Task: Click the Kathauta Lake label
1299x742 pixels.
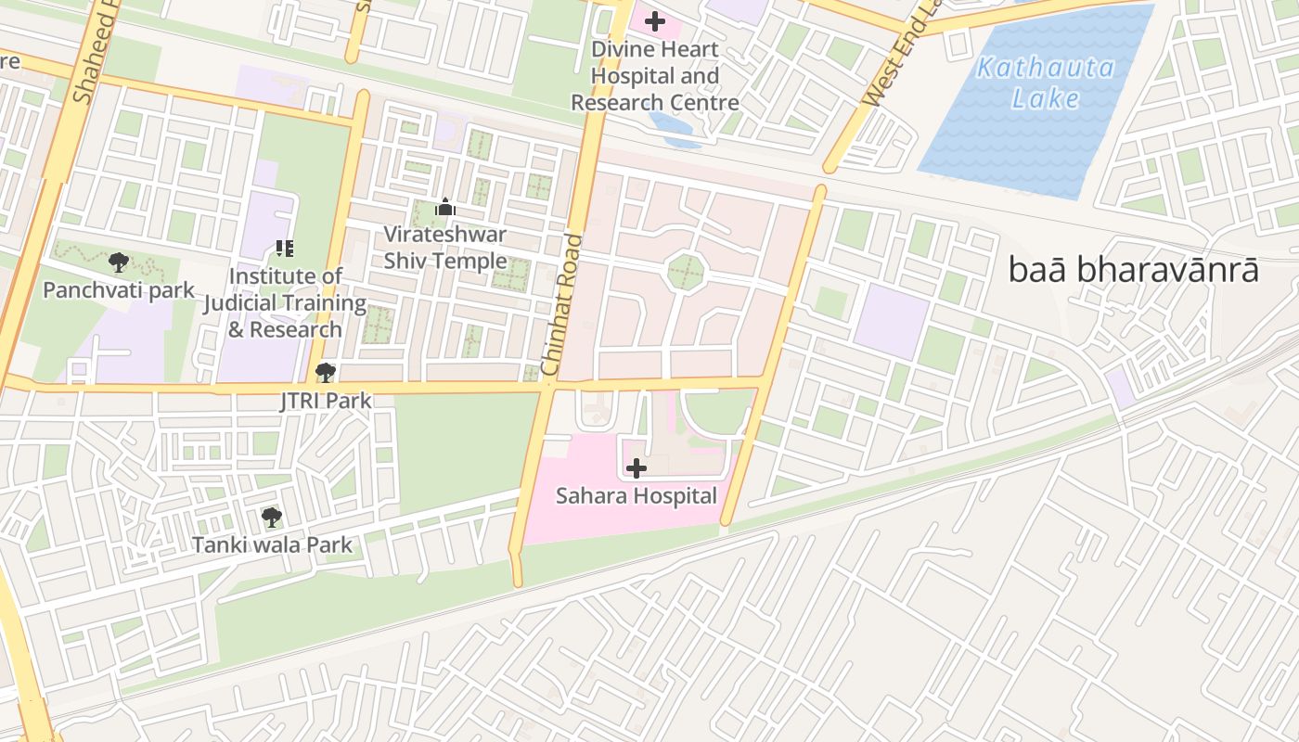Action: click(x=1045, y=83)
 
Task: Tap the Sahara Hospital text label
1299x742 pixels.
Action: click(x=637, y=496)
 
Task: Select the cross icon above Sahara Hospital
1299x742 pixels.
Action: click(x=637, y=468)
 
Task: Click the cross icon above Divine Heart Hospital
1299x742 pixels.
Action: click(x=655, y=20)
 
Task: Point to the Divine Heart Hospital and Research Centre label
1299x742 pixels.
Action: click(x=655, y=76)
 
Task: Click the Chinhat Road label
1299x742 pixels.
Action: click(x=562, y=305)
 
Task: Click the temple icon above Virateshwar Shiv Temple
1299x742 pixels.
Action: click(x=445, y=207)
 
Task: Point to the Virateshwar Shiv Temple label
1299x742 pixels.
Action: click(x=445, y=248)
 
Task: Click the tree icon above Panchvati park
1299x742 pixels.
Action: click(x=118, y=262)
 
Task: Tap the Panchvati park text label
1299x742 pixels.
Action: click(x=119, y=290)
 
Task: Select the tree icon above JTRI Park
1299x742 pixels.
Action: click(x=325, y=373)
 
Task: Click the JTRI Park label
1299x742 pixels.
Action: click(x=326, y=401)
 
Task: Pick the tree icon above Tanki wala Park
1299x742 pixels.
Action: click(x=271, y=517)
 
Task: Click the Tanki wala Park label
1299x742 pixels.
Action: click(x=272, y=544)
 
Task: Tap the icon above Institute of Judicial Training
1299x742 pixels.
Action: click(x=285, y=249)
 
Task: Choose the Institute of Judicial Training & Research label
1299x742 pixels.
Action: click(x=285, y=302)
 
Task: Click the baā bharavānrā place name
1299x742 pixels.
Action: click(x=1134, y=270)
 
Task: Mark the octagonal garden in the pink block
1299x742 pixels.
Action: click(x=688, y=273)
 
